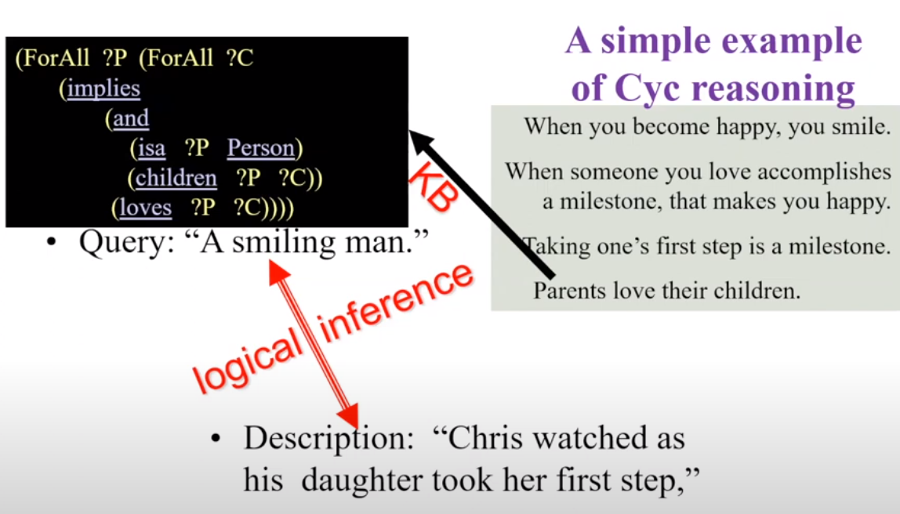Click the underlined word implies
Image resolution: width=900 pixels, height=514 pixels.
pos(103,89)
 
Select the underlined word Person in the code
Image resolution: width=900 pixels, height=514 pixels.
pos(261,148)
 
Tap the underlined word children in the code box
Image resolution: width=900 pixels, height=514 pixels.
pos(176,178)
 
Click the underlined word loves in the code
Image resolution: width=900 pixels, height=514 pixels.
pos(145,207)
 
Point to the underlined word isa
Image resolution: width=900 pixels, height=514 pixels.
pos(151,148)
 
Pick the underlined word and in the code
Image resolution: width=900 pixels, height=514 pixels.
pos(131,119)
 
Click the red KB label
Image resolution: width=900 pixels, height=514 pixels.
pos(434,187)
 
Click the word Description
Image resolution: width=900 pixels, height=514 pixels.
pos(328,439)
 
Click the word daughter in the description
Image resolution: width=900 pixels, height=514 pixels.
pos(362,480)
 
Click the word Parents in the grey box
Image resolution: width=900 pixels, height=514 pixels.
pos(569,291)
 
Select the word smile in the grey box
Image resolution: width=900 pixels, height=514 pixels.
pos(858,126)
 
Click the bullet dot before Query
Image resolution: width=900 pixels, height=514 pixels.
pos(53,243)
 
